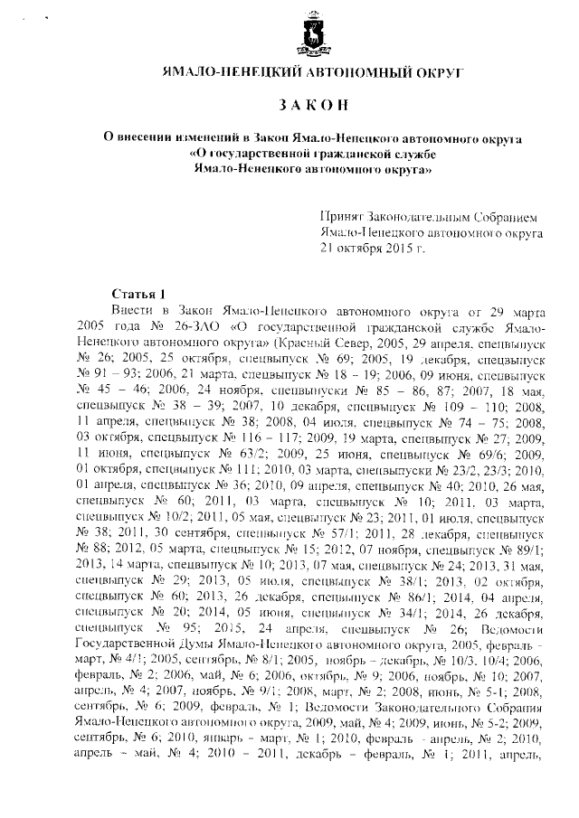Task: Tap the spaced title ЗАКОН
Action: coord(292,106)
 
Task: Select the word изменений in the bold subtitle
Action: coord(206,137)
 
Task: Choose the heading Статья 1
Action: coord(138,294)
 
